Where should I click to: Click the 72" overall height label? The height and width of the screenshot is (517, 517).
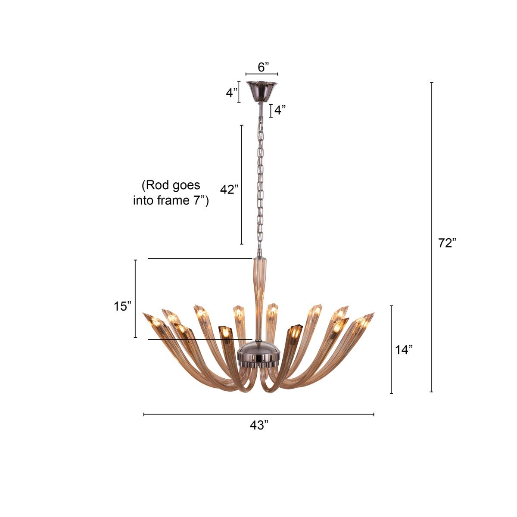tap(447, 243)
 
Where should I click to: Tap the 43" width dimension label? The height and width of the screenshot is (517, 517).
tap(259, 426)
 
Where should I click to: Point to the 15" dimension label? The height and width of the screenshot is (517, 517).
tap(122, 306)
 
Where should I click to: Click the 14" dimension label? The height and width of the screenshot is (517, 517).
tap(404, 350)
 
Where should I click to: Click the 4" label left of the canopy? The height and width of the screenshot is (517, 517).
tap(232, 93)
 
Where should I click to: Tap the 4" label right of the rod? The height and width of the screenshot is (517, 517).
tap(280, 110)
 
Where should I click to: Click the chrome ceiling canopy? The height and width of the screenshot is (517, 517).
tap(262, 90)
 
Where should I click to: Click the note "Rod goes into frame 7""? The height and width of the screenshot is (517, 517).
tap(171, 193)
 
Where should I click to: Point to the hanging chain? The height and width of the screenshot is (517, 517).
tap(260, 181)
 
